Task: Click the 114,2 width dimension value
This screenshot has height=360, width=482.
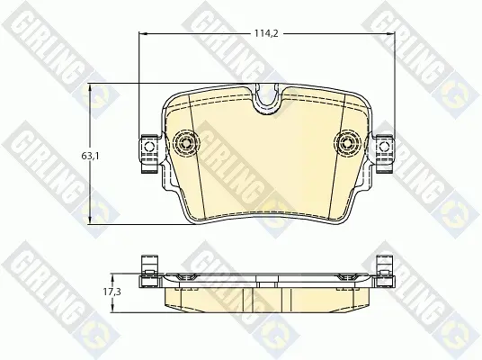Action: click(x=266, y=33)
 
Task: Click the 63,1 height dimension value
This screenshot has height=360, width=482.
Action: click(x=90, y=156)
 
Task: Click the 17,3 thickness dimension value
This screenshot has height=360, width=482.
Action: click(x=112, y=292)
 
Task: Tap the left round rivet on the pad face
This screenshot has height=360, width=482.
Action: click(x=186, y=143)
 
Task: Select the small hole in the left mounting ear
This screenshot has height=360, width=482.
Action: click(x=149, y=147)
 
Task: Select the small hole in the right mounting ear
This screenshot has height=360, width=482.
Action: click(x=384, y=147)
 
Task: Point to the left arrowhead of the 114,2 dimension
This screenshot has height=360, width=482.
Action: click(x=143, y=33)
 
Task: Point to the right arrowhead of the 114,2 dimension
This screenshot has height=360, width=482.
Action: click(x=389, y=33)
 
